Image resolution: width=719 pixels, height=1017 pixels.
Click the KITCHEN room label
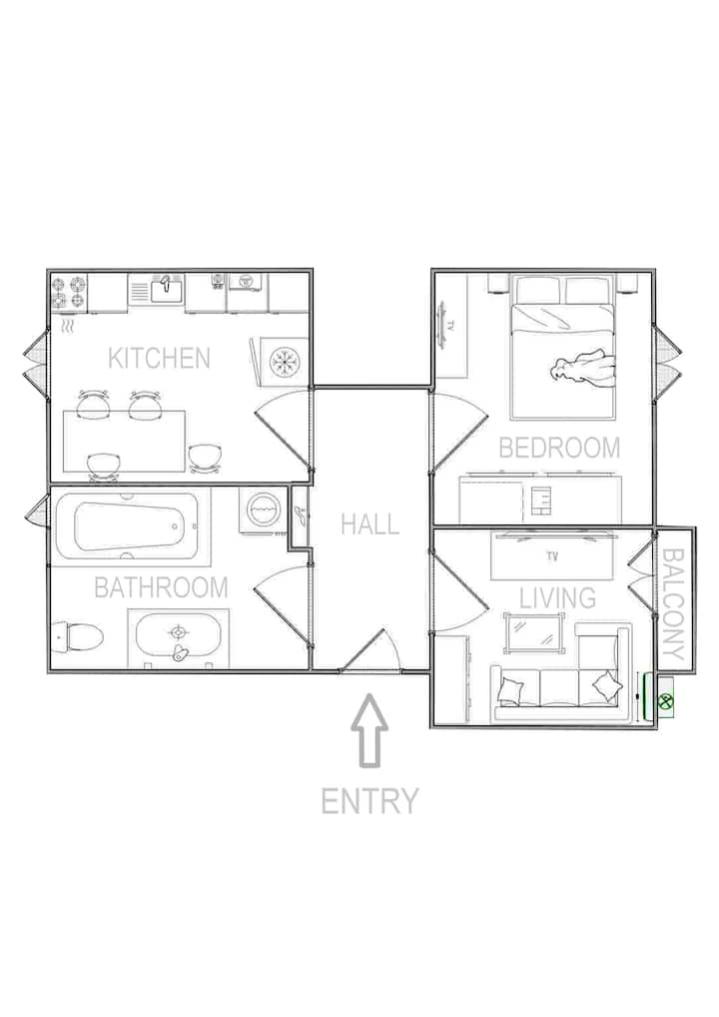pyautogui.click(x=159, y=358)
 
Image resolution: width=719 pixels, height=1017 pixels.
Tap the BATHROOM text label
pyautogui.click(x=162, y=587)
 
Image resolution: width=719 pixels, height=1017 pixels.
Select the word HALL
pyautogui.click(x=370, y=524)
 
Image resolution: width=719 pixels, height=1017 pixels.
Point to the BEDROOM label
pyautogui.click(x=559, y=449)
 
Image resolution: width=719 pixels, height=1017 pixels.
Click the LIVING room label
pyautogui.click(x=557, y=598)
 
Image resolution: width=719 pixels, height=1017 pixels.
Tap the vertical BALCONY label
pyautogui.click(x=674, y=603)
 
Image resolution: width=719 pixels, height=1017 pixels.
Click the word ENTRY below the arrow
pyautogui.click(x=369, y=801)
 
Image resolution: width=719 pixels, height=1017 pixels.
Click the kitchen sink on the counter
pyautogui.click(x=167, y=288)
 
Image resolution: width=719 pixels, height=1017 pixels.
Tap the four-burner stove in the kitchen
pyautogui.click(x=69, y=292)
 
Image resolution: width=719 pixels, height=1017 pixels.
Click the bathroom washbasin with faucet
pyautogui.click(x=178, y=637)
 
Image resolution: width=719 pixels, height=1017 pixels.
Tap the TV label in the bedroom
pyautogui.click(x=451, y=327)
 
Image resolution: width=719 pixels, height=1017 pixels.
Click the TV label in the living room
pyautogui.click(x=552, y=555)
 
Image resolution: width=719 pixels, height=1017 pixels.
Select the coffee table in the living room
pyautogui.click(x=531, y=632)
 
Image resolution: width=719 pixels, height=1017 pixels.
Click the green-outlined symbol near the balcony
pyautogui.click(x=664, y=700)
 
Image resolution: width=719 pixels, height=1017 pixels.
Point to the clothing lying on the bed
pyautogui.click(x=583, y=372)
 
